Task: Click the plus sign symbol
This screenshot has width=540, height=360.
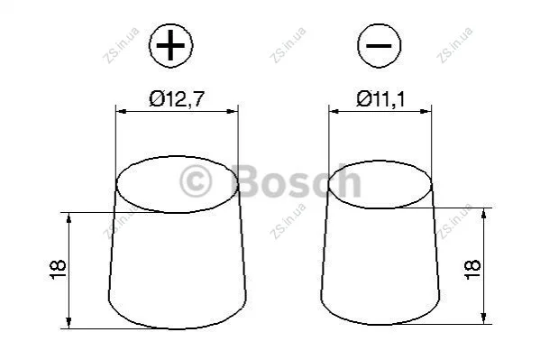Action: point(170,45)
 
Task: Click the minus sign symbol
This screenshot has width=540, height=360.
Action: point(379,45)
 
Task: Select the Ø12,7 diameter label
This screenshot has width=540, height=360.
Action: point(177,99)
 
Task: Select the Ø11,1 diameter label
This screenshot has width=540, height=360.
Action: point(381,99)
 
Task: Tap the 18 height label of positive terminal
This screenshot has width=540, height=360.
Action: point(58,270)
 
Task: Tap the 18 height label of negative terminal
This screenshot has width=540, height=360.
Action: point(472,270)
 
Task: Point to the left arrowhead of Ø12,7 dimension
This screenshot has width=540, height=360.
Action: point(121,111)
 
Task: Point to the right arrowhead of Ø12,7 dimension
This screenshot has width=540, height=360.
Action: point(233,111)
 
